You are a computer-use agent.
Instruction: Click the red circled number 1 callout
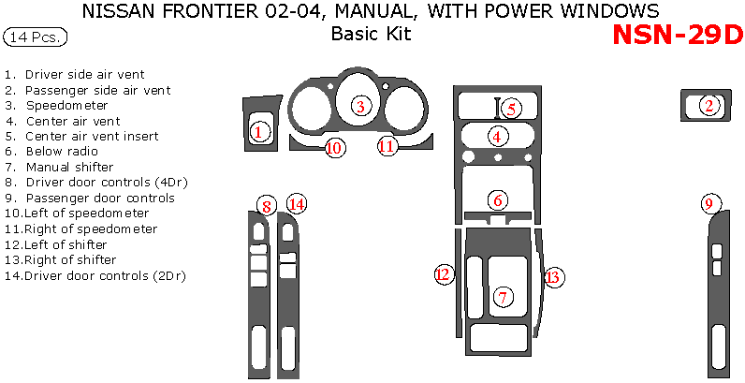(259, 132)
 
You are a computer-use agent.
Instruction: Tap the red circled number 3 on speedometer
(359, 106)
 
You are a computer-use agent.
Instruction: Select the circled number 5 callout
(510, 109)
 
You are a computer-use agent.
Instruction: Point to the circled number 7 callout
(504, 298)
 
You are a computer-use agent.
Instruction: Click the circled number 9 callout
(709, 203)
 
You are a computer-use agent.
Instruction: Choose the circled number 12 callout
(444, 274)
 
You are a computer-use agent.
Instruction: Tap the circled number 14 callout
(297, 203)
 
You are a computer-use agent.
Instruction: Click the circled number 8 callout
(268, 206)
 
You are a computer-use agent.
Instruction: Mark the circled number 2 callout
(709, 106)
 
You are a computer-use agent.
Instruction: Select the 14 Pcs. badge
(36, 37)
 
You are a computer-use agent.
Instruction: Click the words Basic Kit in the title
(371, 35)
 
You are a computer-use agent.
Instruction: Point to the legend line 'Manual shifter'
(70, 167)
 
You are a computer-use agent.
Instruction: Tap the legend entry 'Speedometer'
(66, 105)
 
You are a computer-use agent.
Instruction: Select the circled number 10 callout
(335, 147)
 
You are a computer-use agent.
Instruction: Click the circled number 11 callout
(387, 145)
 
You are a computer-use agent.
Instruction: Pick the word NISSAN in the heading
(118, 12)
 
